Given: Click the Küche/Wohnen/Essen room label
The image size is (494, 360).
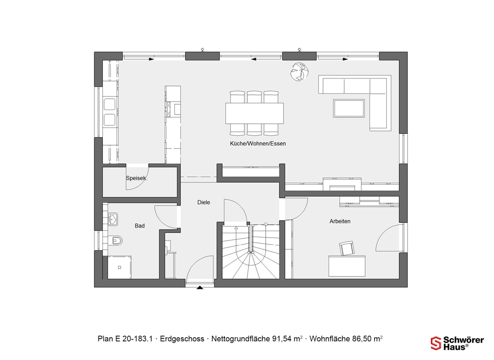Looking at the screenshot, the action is [x=258, y=144].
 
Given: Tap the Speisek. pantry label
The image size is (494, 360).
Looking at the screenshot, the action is [x=137, y=178].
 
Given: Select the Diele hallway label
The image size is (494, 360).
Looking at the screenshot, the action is [x=204, y=202].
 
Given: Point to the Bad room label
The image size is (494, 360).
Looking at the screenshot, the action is [x=140, y=226].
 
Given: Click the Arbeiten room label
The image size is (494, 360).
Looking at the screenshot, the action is [x=340, y=221].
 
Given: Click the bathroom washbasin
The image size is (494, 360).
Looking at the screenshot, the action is [x=113, y=219].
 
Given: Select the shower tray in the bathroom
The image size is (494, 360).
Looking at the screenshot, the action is [x=120, y=267].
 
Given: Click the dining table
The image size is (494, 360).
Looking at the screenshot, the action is [x=254, y=113].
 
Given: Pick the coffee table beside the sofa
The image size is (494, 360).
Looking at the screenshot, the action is [x=349, y=108].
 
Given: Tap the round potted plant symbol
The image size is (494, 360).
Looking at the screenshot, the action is [x=299, y=72].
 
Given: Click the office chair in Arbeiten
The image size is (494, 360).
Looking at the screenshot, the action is [x=347, y=248].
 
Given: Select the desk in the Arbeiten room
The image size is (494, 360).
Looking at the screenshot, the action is [x=347, y=266].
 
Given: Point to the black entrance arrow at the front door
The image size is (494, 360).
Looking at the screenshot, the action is [x=200, y=287].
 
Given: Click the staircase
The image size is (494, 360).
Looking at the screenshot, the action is [x=251, y=251].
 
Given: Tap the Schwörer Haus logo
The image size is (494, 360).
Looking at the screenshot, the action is [x=457, y=343].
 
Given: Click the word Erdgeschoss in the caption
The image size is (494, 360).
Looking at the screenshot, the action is [x=182, y=339].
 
